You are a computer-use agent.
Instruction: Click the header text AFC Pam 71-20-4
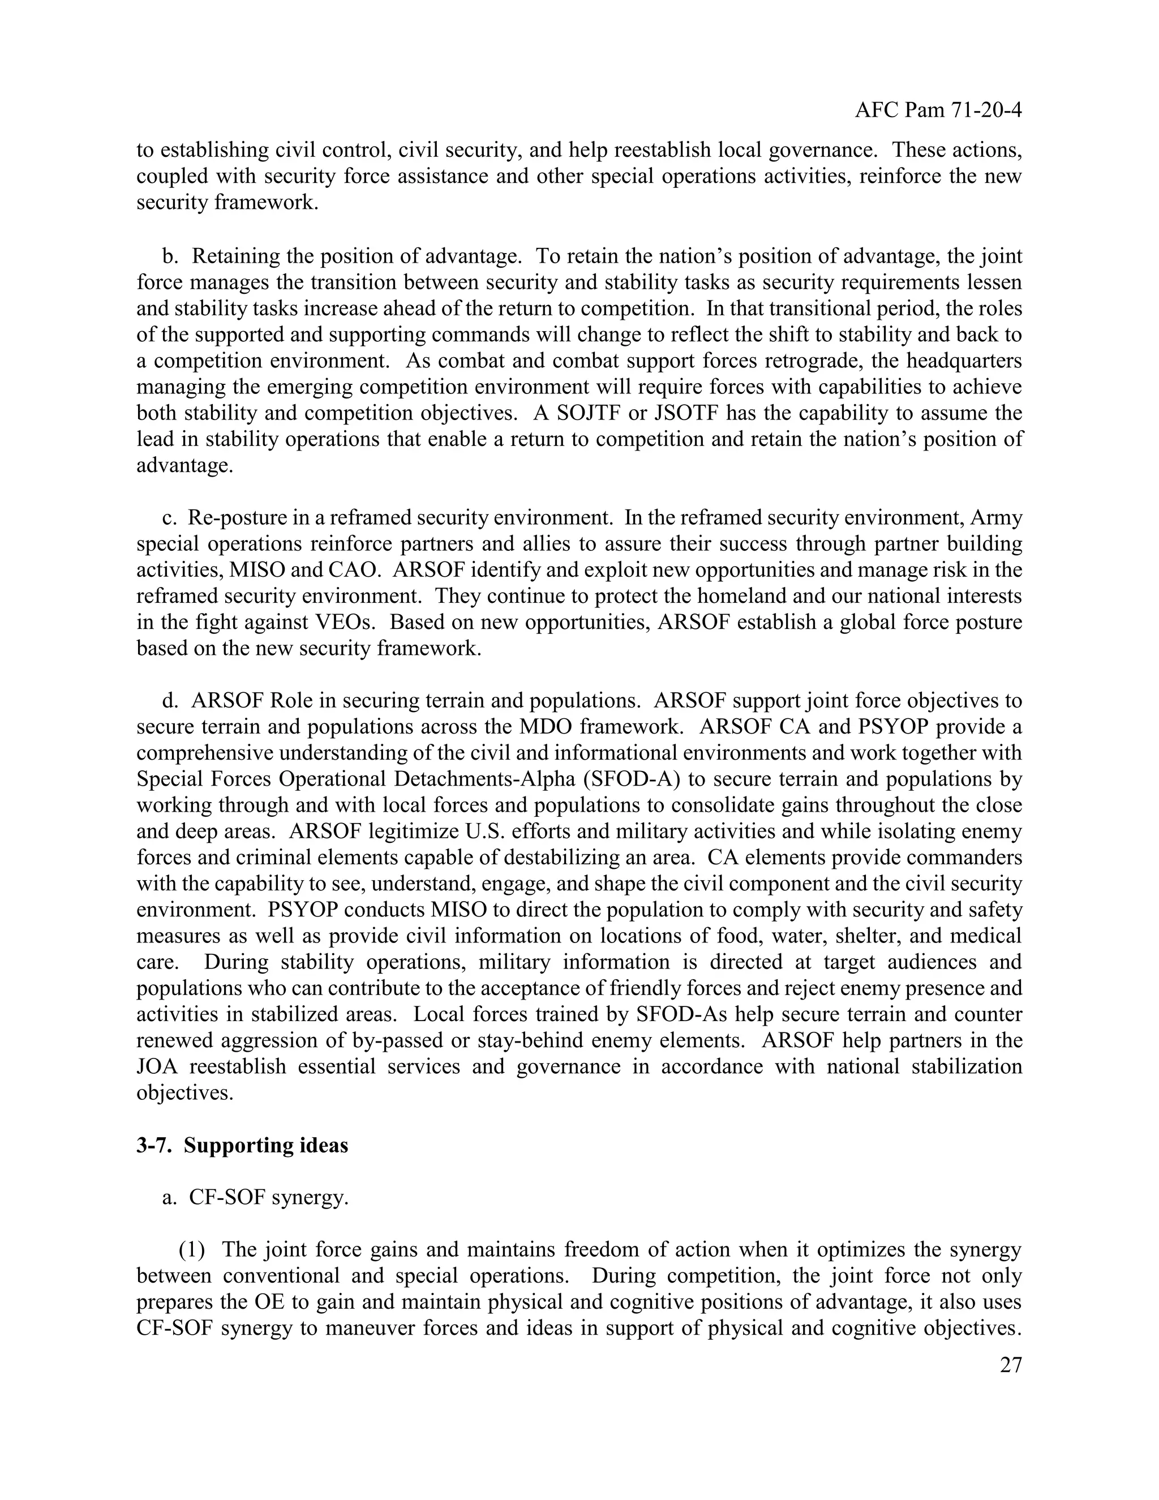click(x=938, y=110)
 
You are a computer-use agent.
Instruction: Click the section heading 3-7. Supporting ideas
click(x=242, y=1145)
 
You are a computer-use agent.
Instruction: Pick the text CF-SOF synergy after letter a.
click(x=268, y=1197)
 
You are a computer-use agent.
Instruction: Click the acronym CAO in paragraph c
click(x=352, y=569)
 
